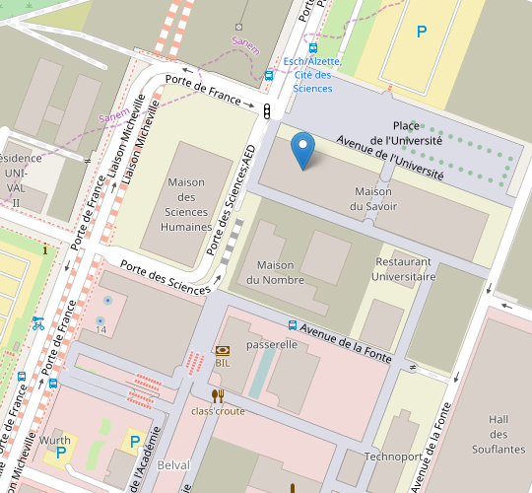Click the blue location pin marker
304,151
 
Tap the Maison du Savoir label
372,198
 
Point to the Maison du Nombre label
276,272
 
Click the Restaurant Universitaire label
405,269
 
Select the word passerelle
272,345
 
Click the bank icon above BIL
223,350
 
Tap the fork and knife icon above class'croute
218,396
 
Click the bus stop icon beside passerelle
293,324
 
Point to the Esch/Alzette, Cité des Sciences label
312,75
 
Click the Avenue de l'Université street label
390,158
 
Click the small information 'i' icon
45,249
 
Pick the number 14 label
100,329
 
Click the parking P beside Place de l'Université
422,32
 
